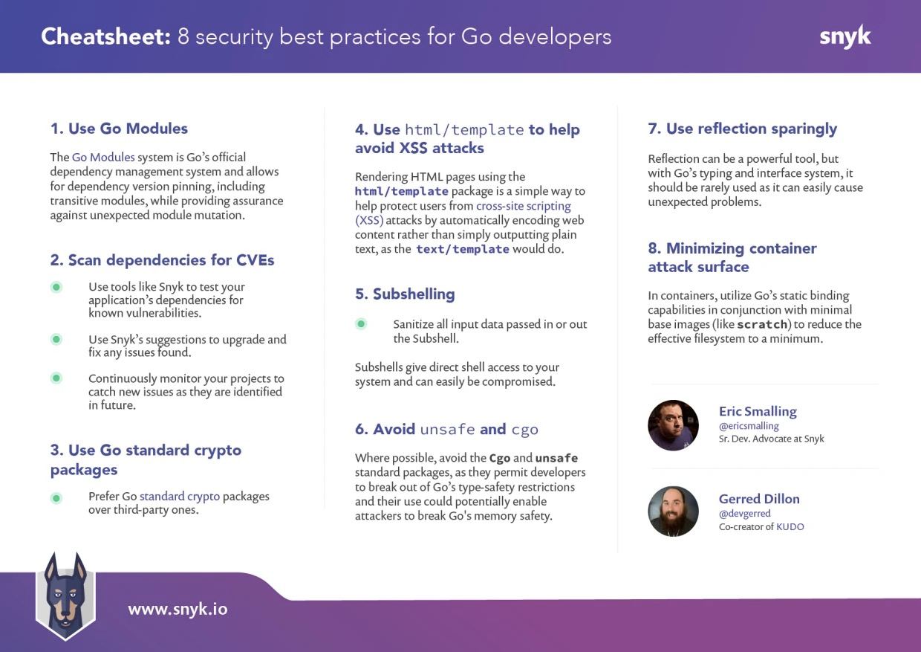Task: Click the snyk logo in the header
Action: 845,37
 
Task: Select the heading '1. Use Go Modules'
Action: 119,129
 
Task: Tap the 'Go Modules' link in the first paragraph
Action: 103,157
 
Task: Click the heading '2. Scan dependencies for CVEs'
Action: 162,260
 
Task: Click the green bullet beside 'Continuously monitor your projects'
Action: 56,378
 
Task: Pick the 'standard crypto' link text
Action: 180,497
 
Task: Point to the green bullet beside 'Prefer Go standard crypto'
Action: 56,498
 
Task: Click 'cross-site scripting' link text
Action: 524,206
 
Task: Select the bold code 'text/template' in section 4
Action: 463,249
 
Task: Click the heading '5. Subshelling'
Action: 405,294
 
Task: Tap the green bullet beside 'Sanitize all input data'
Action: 361,324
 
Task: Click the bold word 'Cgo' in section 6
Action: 500,458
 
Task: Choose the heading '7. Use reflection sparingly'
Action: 743,129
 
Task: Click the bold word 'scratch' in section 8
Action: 762,324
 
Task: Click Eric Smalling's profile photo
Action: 673,425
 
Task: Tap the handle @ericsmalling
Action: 749,425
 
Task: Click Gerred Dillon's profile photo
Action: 673,511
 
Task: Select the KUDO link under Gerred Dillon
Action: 790,527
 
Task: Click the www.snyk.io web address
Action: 178,609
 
